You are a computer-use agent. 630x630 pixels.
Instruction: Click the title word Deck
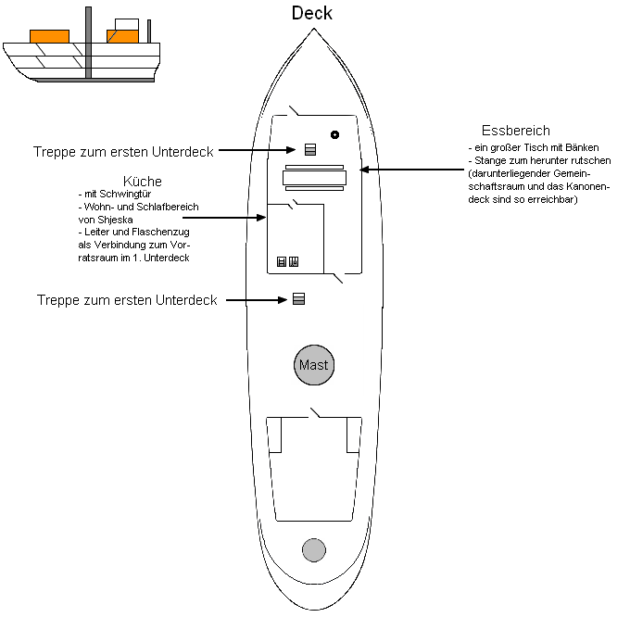click(x=311, y=13)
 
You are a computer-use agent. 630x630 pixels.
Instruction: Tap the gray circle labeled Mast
click(x=313, y=365)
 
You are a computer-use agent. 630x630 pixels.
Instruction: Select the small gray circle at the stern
click(x=314, y=549)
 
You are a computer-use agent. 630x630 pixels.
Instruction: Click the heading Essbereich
click(x=516, y=131)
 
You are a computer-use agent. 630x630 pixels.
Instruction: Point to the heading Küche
click(x=142, y=181)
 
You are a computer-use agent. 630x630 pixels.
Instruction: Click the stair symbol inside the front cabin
click(x=310, y=149)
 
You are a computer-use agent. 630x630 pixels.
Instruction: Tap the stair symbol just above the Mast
click(x=298, y=298)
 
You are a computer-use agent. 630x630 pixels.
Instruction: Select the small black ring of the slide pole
click(x=334, y=134)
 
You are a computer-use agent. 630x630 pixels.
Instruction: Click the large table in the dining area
click(x=314, y=176)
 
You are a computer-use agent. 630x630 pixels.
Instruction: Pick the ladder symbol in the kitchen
click(x=282, y=262)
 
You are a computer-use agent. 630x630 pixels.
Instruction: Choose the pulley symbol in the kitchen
click(x=294, y=262)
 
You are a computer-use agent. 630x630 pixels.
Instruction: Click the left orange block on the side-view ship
click(x=49, y=37)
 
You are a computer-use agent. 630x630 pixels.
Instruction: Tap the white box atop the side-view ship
click(x=127, y=25)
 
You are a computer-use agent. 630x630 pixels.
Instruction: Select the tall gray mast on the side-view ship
click(x=88, y=42)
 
